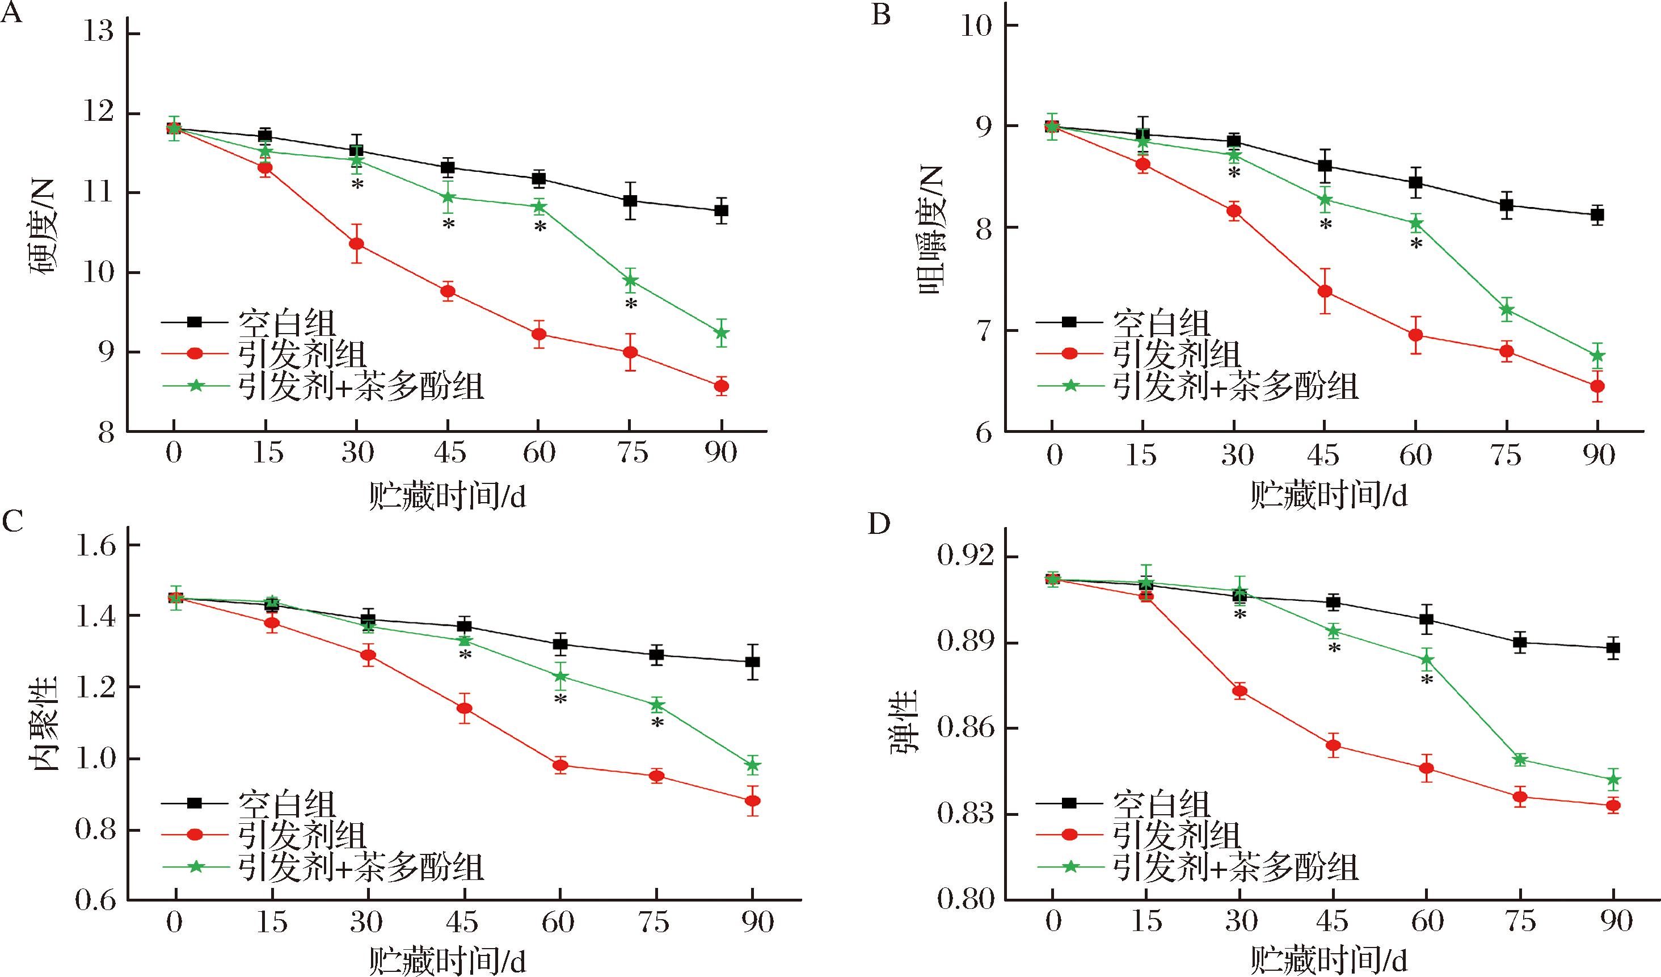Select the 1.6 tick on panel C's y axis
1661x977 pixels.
point(95,546)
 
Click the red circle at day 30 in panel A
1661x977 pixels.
point(357,244)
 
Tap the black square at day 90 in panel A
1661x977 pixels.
point(721,211)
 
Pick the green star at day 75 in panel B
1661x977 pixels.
point(1506,309)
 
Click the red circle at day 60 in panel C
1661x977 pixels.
point(560,765)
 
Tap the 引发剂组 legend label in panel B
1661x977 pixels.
point(1177,354)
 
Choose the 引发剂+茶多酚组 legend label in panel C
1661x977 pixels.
point(361,866)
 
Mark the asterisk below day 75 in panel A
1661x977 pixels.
point(631,305)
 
